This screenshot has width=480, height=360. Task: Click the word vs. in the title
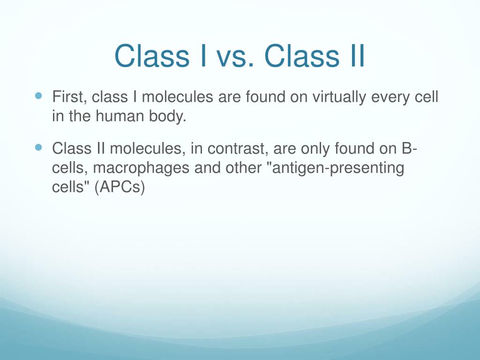(234, 56)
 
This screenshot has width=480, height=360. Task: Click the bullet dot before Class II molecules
(39, 148)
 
